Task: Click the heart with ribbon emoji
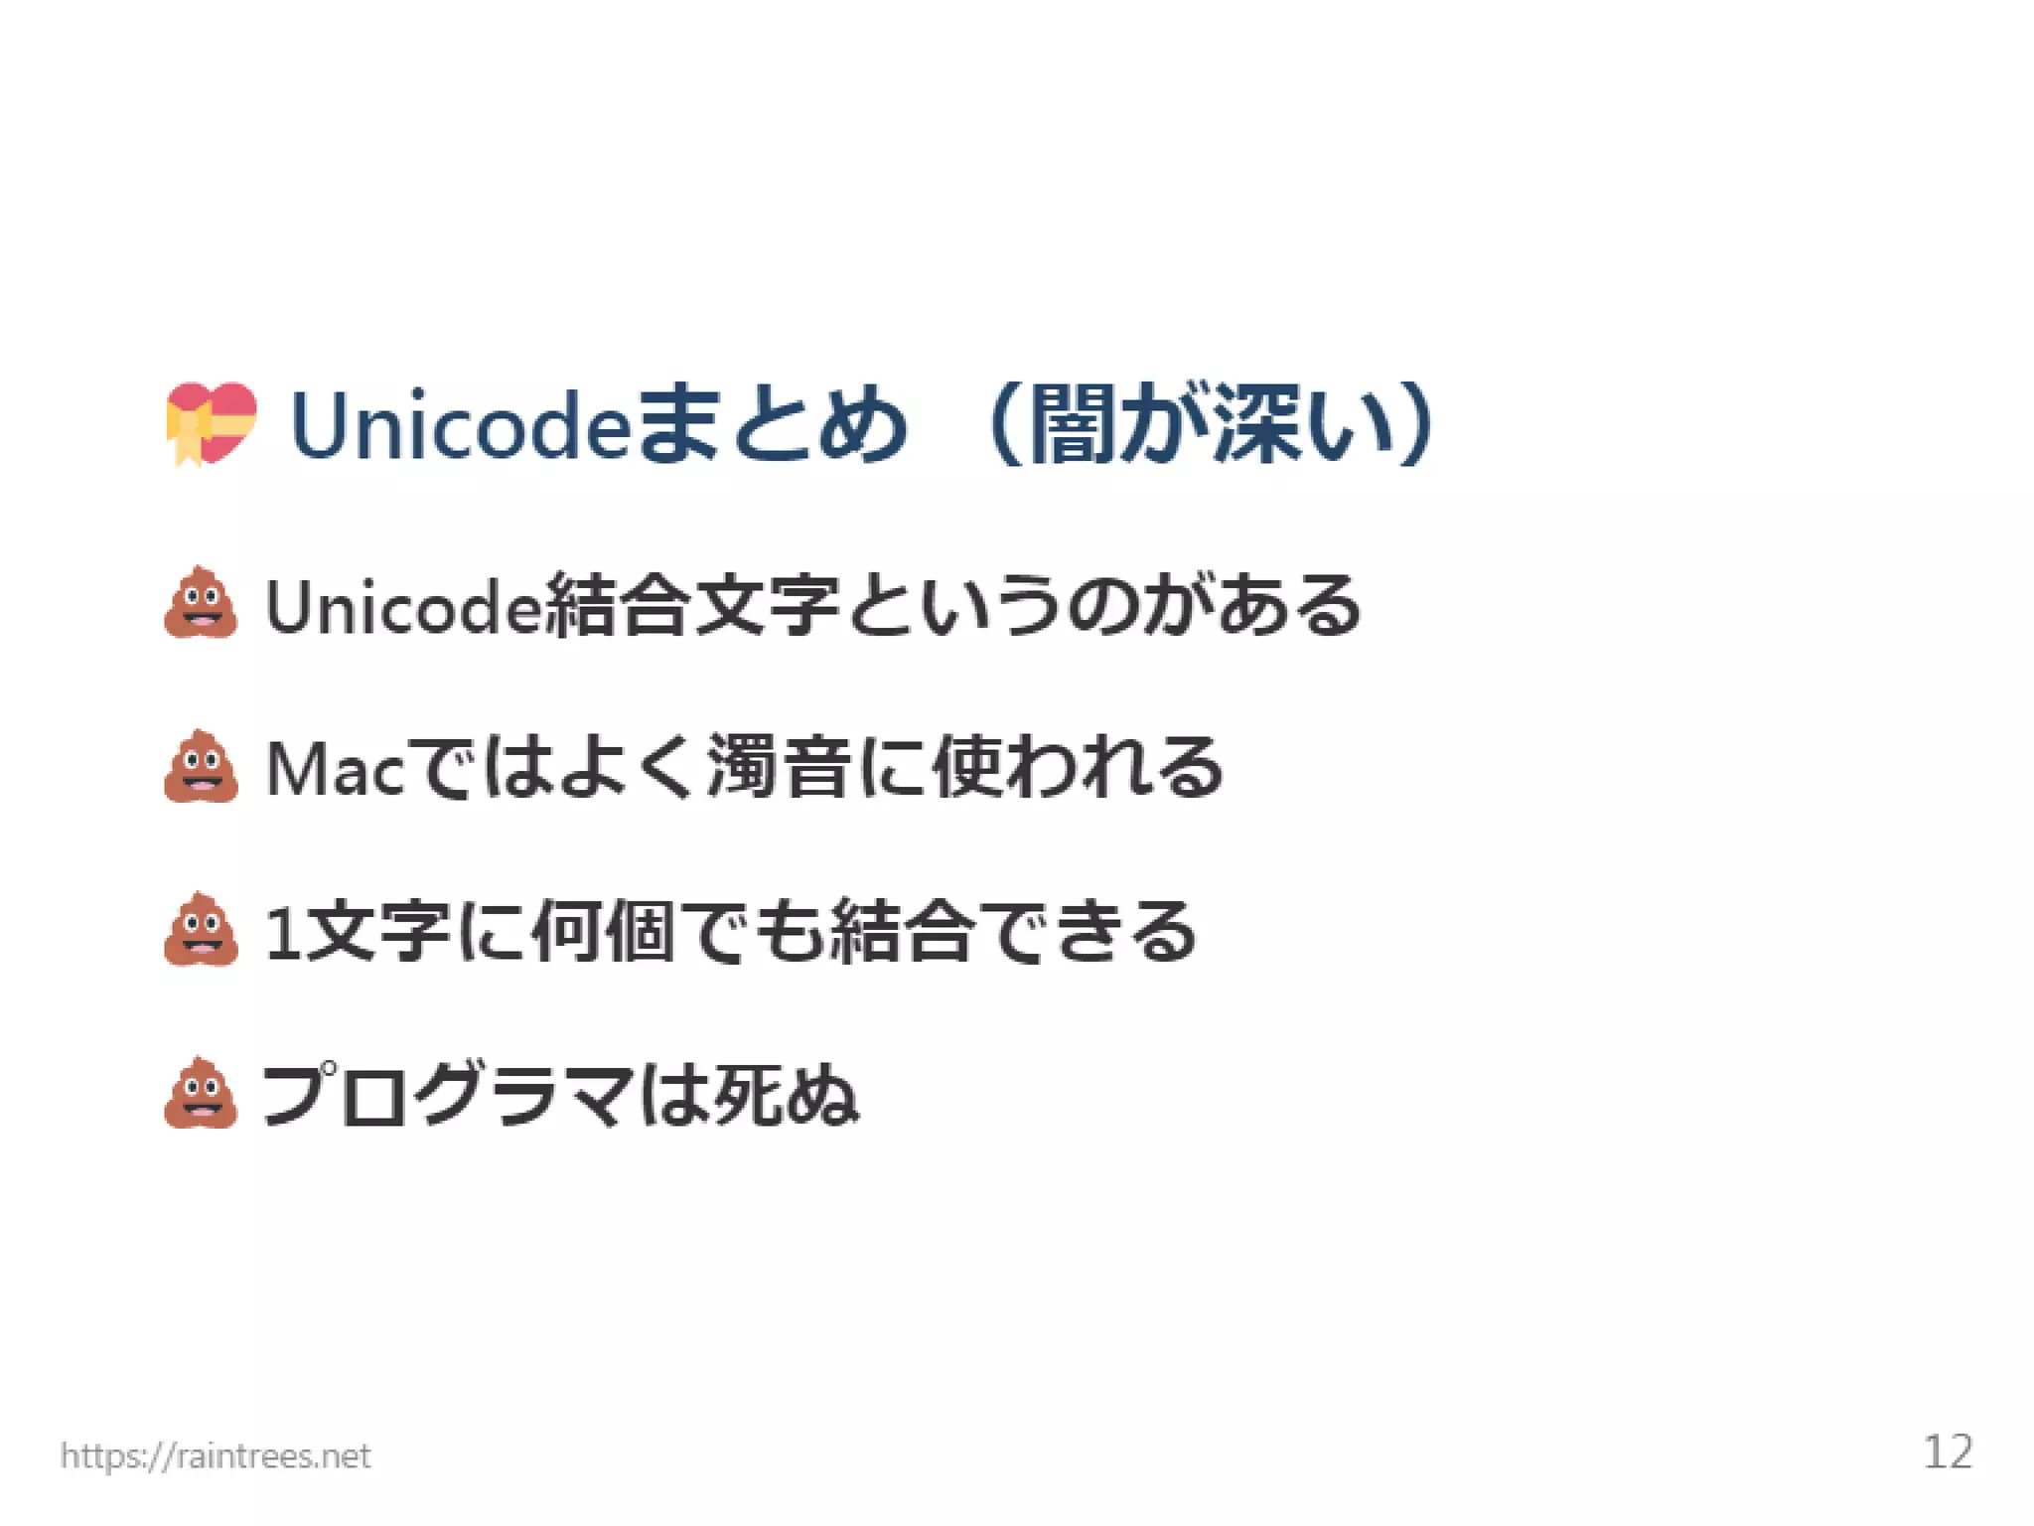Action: pyautogui.click(x=212, y=424)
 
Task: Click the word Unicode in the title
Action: pyautogui.click(x=459, y=425)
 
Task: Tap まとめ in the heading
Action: pyautogui.click(x=771, y=425)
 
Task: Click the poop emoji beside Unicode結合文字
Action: pyautogui.click(x=202, y=603)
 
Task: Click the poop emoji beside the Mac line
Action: pyautogui.click(x=202, y=766)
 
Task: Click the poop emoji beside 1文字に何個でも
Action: pyautogui.click(x=202, y=930)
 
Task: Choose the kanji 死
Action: pyautogui.click(x=749, y=1096)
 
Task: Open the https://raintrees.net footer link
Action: pyautogui.click(x=216, y=1455)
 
